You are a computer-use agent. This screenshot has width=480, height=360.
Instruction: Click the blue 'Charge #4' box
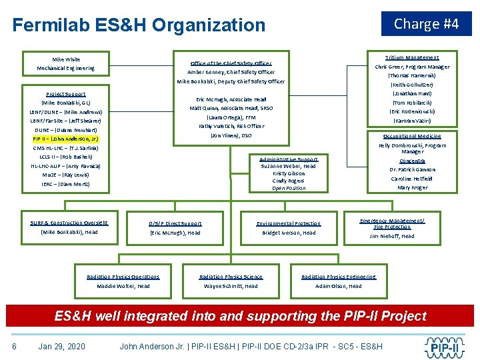point(426,24)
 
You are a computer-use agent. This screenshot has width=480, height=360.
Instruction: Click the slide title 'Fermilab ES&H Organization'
point(139,25)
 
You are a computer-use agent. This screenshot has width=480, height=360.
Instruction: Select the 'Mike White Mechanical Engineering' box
point(65,64)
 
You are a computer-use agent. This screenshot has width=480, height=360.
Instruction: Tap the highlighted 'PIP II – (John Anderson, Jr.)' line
point(66,139)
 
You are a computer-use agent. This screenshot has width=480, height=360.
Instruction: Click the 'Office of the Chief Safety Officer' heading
point(231,63)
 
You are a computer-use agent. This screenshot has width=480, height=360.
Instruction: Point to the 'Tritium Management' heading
point(412,58)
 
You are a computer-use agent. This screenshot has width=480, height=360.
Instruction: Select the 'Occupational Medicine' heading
point(411,136)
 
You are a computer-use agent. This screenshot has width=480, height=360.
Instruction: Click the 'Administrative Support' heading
point(289,159)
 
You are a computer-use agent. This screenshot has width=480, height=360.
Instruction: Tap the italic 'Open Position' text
point(289,188)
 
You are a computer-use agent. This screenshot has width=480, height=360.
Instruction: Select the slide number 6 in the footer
point(14,347)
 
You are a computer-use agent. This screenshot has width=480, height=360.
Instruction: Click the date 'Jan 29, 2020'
point(62,347)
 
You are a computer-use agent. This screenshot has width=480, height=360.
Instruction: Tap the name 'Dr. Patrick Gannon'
point(412,170)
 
